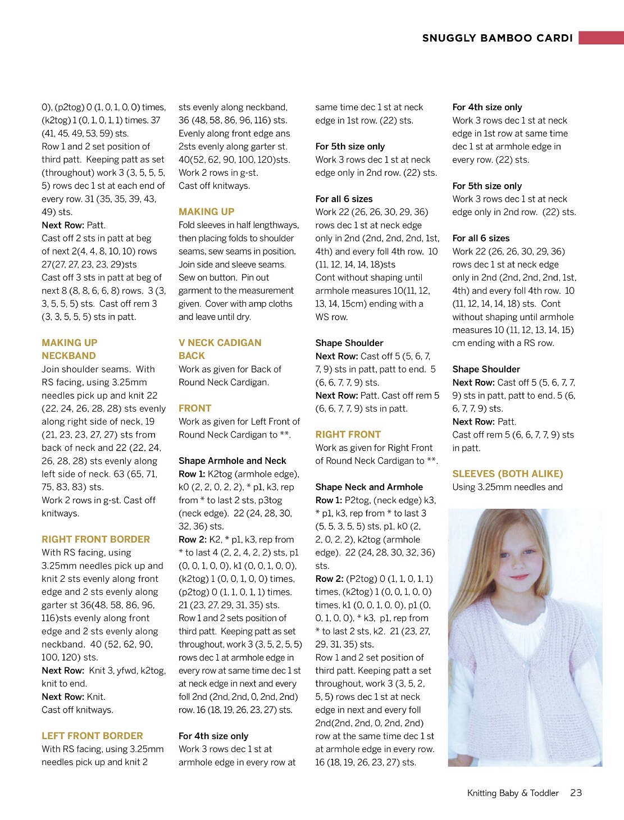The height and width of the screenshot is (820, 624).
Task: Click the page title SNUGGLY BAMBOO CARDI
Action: (x=497, y=38)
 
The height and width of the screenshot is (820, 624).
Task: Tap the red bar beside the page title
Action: (x=601, y=38)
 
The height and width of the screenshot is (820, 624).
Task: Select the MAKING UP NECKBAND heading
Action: (x=69, y=349)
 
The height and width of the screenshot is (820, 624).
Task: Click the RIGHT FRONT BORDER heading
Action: (x=95, y=539)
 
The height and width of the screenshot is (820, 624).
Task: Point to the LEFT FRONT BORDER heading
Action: (x=92, y=736)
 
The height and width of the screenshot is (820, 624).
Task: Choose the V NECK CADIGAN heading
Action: (x=220, y=343)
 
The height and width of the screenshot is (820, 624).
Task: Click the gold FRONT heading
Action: (x=195, y=408)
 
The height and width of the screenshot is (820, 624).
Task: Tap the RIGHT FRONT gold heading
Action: (x=348, y=435)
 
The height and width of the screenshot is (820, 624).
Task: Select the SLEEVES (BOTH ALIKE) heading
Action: (x=507, y=474)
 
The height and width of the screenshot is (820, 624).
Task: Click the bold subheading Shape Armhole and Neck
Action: (x=232, y=461)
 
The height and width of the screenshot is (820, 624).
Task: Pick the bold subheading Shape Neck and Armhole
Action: (x=369, y=487)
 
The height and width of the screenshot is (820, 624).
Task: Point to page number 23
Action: (x=576, y=793)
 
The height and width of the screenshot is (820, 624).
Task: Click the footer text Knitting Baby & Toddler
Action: (x=513, y=793)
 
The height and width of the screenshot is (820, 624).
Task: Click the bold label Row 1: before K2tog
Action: (x=192, y=474)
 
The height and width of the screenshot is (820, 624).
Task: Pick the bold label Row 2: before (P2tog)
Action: (x=329, y=578)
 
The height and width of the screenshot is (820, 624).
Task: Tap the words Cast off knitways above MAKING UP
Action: (x=214, y=186)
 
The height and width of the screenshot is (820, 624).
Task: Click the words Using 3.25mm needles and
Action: (x=507, y=487)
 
